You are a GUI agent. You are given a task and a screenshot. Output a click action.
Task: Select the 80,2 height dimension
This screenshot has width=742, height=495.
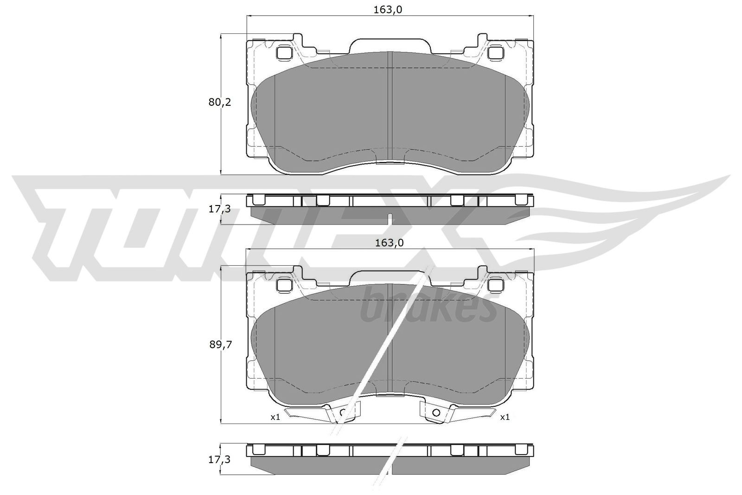pyautogui.click(x=219, y=103)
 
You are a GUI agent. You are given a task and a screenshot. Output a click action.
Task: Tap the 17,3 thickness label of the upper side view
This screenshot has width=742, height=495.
pyautogui.click(x=219, y=209)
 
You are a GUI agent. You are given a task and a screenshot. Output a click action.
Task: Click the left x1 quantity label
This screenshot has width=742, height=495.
pyautogui.click(x=275, y=417)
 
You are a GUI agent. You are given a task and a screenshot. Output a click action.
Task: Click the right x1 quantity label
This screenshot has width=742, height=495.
pyautogui.click(x=505, y=417)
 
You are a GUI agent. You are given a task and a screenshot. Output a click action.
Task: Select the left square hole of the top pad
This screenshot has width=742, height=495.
pyautogui.click(x=283, y=53)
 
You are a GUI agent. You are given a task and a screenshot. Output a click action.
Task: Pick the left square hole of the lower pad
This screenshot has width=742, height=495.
pyautogui.click(x=283, y=284)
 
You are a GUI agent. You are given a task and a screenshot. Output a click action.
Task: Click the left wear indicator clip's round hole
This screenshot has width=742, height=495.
pyautogui.click(x=343, y=412)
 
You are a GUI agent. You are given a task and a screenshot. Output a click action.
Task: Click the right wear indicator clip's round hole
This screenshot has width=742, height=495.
pyautogui.click(x=436, y=412)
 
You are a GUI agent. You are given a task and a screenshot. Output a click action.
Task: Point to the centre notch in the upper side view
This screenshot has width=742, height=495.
pyautogui.click(x=390, y=218)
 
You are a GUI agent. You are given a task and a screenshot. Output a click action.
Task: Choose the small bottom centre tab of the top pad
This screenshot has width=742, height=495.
pyautogui.click(x=390, y=163)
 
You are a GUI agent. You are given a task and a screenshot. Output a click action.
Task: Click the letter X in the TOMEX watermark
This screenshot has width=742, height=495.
pyautogui.click(x=445, y=218)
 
